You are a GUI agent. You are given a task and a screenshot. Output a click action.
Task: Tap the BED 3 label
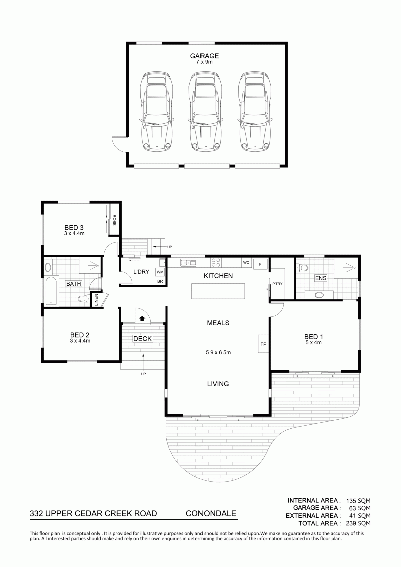tap(74, 227)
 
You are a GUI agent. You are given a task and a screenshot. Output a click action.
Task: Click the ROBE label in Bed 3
tap(114, 220)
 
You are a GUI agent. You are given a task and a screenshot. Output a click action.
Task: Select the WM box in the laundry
tap(160, 271)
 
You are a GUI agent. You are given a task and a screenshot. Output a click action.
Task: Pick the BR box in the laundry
tap(160, 281)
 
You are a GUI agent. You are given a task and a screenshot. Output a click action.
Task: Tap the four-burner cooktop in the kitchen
tap(216, 262)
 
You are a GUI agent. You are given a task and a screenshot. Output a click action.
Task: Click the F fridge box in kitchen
tap(260, 264)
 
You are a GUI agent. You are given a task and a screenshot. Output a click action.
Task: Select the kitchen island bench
tap(218, 291)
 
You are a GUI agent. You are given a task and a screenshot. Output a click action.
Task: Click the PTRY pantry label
tap(278, 284)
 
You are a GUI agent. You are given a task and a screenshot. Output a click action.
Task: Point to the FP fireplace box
tap(263, 344)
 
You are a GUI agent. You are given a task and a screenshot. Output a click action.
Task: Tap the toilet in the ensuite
tap(302, 268)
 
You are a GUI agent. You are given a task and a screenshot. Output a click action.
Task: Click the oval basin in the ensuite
tap(319, 295)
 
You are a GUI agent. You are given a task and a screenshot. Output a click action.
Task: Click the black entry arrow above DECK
tap(142, 318)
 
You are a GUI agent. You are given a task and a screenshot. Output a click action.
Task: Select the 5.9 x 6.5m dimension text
tap(218, 352)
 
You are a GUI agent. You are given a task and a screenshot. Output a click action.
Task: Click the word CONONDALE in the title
tap(211, 513)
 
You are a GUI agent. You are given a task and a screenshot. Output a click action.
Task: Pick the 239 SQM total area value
tap(359, 523)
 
